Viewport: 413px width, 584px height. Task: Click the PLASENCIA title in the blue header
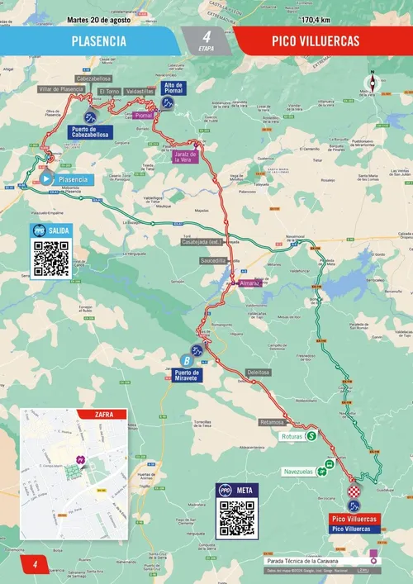pos(98,40)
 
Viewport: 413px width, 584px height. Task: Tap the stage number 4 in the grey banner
pos(206,36)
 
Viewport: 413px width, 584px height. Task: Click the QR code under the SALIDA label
pos(50,259)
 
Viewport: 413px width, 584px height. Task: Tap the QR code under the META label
pos(236,518)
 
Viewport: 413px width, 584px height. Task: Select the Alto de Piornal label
pos(173,88)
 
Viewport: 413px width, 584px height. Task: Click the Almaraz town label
pos(249,283)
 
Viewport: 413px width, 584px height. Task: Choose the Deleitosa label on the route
pos(259,373)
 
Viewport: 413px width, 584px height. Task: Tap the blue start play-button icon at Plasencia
pos(46,178)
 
